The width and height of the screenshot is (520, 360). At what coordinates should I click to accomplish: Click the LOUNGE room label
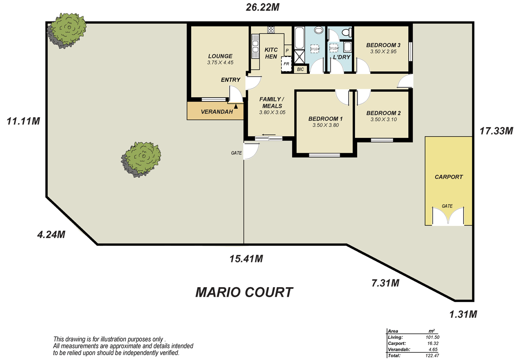click(220, 56)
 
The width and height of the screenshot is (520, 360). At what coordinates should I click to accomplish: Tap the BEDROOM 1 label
click(325, 119)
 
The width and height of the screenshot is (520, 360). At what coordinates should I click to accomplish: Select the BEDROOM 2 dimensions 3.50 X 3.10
click(383, 119)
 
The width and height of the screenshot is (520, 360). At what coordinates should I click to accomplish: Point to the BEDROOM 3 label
click(383, 45)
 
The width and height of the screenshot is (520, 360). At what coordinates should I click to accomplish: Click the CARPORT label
click(449, 177)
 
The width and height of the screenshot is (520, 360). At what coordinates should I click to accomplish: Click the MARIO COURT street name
click(244, 292)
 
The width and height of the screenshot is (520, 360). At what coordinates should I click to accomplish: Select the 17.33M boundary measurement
click(496, 130)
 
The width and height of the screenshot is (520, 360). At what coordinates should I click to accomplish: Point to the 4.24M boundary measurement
click(51, 235)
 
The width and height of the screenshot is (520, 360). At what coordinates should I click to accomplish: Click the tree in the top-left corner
click(66, 29)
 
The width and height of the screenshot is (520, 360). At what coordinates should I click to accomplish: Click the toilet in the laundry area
click(347, 32)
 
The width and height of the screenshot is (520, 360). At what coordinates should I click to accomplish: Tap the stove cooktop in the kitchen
click(271, 29)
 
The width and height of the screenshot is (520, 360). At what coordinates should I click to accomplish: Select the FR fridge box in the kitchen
click(286, 63)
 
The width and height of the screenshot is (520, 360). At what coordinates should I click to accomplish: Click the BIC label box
click(300, 69)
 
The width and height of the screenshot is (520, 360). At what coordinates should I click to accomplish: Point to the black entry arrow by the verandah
click(236, 105)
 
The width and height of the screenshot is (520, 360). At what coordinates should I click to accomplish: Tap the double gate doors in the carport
click(448, 216)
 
